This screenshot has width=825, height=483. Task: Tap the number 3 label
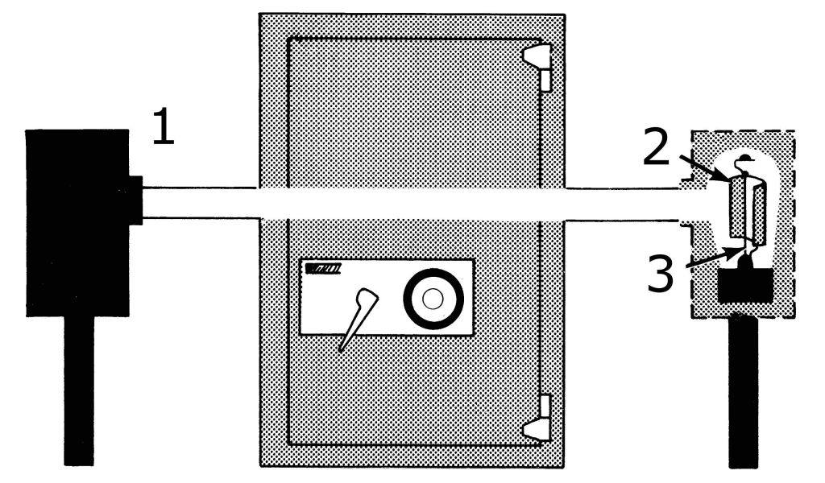click(x=661, y=274)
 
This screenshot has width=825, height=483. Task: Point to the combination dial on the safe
click(x=433, y=299)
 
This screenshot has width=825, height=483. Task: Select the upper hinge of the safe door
click(x=538, y=65)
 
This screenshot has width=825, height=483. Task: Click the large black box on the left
click(x=77, y=222)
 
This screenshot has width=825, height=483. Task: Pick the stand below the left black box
click(x=78, y=390)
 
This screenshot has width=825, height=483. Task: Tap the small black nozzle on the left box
click(x=135, y=200)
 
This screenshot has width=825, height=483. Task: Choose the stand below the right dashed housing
click(x=745, y=390)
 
